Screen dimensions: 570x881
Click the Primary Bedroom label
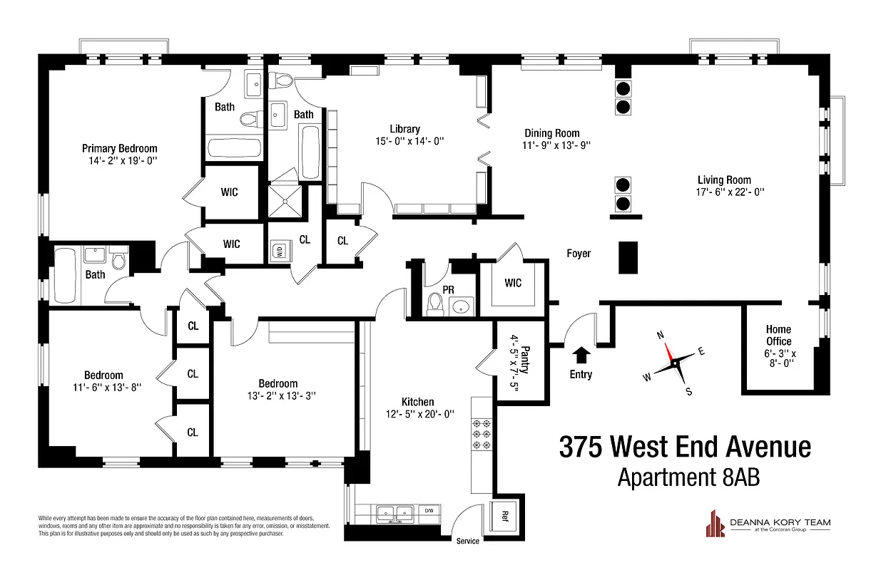pos(119,148)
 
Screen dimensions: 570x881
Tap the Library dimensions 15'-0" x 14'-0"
pos(404,141)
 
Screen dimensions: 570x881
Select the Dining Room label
pos(551,133)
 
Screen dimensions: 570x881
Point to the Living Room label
pos(724,180)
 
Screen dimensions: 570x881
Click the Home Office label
pos(778,335)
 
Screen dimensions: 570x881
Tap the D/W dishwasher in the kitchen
pos(428,511)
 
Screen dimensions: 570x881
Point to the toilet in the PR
pos(434,305)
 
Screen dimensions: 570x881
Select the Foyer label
pos(579,253)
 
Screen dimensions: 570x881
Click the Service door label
pos(468,541)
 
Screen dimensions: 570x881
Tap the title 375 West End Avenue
pos(685,447)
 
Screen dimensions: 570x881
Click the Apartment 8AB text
pos(688,477)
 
